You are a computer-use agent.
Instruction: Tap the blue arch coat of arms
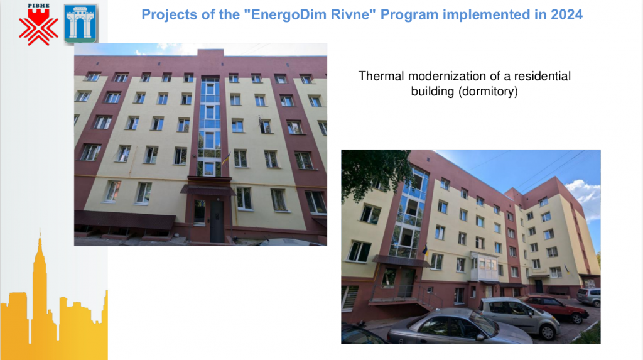tap(80, 24)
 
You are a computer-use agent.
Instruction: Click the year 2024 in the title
tap(566, 14)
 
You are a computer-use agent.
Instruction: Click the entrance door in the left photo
tap(217, 221)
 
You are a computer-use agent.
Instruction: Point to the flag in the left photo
tap(226, 158)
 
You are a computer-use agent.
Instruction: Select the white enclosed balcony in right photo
tap(484, 266)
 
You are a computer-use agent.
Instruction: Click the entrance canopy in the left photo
tap(208, 190)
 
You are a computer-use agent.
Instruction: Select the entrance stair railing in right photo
tap(426, 296)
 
